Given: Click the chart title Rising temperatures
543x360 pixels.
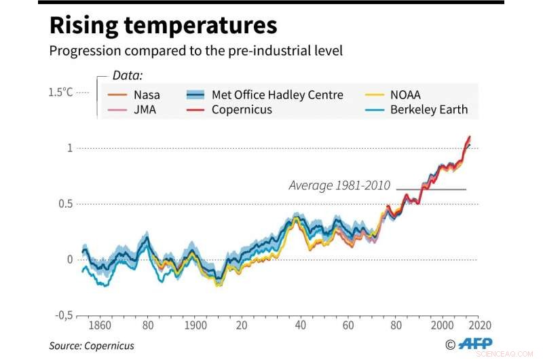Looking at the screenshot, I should point(163,26).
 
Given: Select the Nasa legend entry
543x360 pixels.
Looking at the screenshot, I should point(147,95).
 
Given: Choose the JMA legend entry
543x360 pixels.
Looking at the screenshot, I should point(144,109).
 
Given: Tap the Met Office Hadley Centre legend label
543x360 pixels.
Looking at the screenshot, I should point(277,95).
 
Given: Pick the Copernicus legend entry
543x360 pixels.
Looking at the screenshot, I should point(241,109).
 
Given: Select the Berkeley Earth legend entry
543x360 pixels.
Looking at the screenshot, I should point(428,109).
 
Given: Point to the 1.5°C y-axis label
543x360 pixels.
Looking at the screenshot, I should point(60,92).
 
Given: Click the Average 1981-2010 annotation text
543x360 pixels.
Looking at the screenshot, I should point(339,185).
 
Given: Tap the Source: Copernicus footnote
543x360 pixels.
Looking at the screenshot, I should point(91,346).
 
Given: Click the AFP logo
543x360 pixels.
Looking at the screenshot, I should point(475,344).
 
